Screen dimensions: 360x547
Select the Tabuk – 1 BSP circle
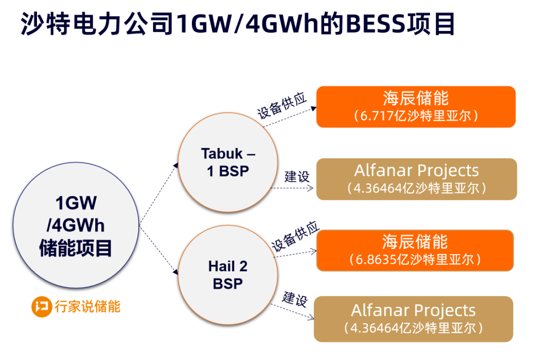pos(228,162)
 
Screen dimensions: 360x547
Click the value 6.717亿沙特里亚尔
pos(416,116)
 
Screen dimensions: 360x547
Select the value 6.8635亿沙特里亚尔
pos(416,259)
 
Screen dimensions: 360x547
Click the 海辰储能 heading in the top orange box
pos(416,98)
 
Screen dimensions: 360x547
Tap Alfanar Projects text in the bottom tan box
pos(413,310)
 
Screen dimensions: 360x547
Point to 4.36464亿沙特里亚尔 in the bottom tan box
pos(413,328)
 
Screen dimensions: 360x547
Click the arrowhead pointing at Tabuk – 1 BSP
pos(176,166)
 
